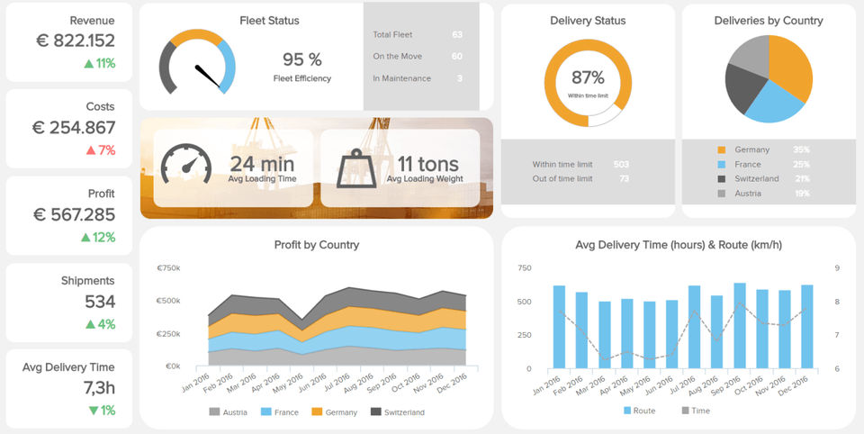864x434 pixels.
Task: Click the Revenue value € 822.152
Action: pyautogui.click(x=74, y=41)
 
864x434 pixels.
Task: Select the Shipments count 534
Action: pyautogui.click(x=100, y=302)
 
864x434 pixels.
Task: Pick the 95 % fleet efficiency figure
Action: pyautogui.click(x=301, y=59)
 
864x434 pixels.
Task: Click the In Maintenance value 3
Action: pyautogui.click(x=460, y=78)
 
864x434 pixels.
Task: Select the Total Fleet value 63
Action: pyautogui.click(x=456, y=34)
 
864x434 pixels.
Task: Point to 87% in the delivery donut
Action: pyautogui.click(x=588, y=78)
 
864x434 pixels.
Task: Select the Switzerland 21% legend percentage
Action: pyautogui.click(x=801, y=179)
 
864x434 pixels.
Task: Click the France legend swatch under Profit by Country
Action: pyautogui.click(x=266, y=412)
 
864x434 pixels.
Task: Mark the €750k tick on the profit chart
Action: pyautogui.click(x=168, y=267)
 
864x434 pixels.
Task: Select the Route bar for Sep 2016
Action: pyautogui.click(x=740, y=326)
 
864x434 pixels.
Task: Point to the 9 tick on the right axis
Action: pyautogui.click(x=837, y=267)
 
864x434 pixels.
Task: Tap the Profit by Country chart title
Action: pyautogui.click(x=316, y=245)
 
